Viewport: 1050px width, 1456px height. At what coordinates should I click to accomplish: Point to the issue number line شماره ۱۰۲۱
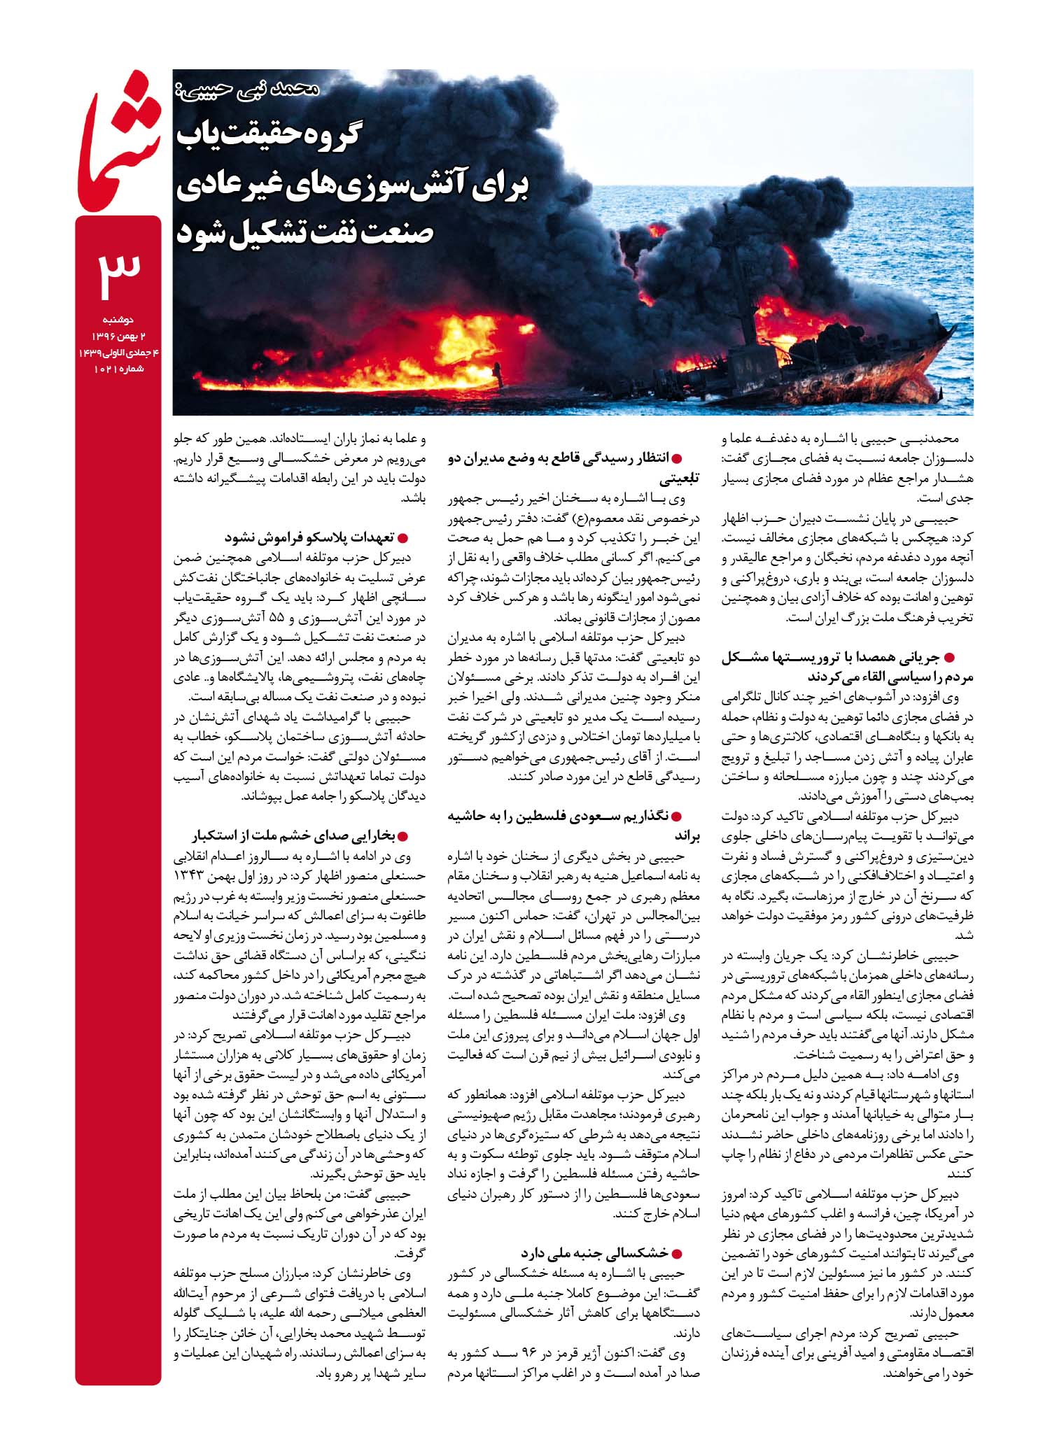click(118, 369)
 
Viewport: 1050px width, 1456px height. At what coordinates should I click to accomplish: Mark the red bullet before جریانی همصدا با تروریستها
click(950, 657)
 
